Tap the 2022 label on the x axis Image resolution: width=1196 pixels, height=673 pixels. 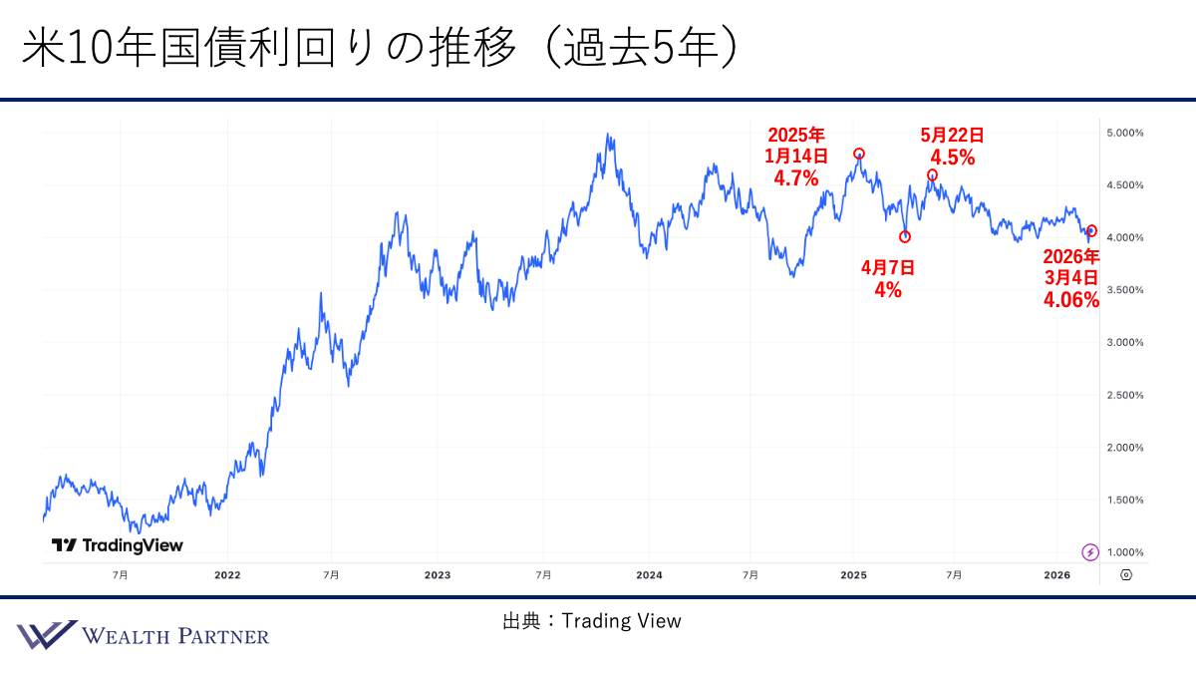(x=227, y=575)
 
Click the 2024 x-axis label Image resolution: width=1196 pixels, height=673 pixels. (x=649, y=575)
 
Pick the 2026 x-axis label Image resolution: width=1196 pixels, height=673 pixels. (x=1056, y=575)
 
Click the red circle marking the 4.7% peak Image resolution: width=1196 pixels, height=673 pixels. (x=859, y=154)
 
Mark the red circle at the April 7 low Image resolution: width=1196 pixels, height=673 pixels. (x=905, y=237)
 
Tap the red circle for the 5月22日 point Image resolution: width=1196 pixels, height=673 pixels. (x=932, y=175)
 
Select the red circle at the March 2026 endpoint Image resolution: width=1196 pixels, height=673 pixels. (x=1091, y=230)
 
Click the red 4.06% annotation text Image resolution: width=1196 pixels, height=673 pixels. (x=1071, y=300)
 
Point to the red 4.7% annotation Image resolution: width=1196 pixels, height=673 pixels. (x=795, y=179)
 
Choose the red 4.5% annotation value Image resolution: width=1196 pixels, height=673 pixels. (x=952, y=158)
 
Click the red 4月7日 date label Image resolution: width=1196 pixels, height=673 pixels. (x=887, y=267)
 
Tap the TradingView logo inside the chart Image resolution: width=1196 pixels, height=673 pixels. (x=118, y=545)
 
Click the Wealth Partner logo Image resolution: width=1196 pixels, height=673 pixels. (x=143, y=635)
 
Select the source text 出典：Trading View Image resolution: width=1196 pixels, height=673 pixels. (x=592, y=621)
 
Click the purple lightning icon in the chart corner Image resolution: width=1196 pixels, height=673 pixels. (x=1090, y=551)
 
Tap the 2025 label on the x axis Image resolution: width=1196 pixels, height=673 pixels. (x=854, y=575)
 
